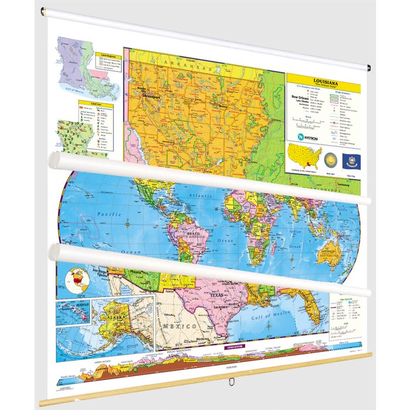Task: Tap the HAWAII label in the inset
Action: click(x=71, y=305)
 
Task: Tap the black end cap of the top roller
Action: click(x=368, y=68)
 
